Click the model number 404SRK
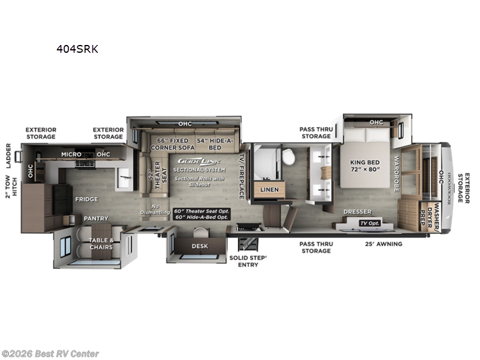click(77, 49)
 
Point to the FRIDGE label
click(86, 199)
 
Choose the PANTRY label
click(96, 218)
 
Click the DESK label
click(200, 245)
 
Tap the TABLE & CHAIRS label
click(101, 244)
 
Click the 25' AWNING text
click(384, 244)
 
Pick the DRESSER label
click(358, 212)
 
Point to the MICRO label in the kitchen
click(71, 154)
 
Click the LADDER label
click(9, 155)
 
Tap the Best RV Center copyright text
click(51, 354)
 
